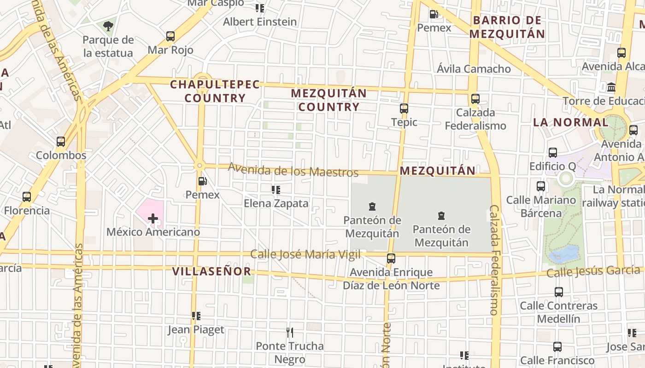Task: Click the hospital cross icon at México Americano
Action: pyautogui.click(x=153, y=218)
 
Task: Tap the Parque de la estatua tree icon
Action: pyautogui.click(x=108, y=26)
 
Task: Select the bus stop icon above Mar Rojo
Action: pyautogui.click(x=170, y=36)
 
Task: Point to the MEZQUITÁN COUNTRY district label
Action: pyautogui.click(x=328, y=100)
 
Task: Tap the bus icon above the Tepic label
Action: pyautogui.click(x=404, y=109)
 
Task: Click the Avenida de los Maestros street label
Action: pyautogui.click(x=293, y=170)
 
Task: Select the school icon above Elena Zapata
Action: pyautogui.click(x=276, y=190)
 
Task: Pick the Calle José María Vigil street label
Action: pyautogui.click(x=305, y=254)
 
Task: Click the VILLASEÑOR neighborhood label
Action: pyautogui.click(x=212, y=271)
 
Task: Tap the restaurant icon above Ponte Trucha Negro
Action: pyautogui.click(x=290, y=332)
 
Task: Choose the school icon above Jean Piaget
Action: pyautogui.click(x=196, y=316)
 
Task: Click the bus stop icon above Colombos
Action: pyautogui.click(x=61, y=142)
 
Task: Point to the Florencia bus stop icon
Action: pyautogui.click(x=27, y=197)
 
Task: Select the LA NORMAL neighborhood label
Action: pyautogui.click(x=570, y=122)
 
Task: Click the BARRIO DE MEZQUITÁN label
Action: pyautogui.click(x=507, y=27)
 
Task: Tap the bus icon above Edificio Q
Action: pyautogui.click(x=553, y=153)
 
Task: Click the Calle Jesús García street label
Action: pyautogui.click(x=593, y=271)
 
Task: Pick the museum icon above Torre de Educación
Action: pyautogui.click(x=611, y=87)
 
